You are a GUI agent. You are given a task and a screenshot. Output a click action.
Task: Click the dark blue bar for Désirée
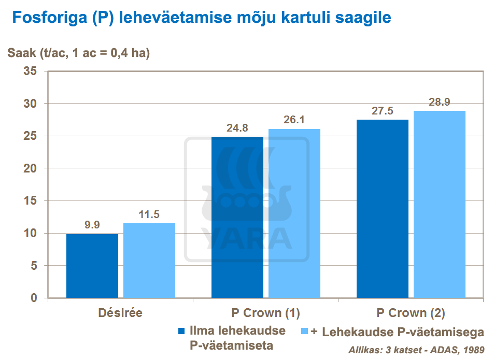pos(92,266)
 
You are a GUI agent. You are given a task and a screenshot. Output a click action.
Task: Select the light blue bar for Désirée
pos(149,261)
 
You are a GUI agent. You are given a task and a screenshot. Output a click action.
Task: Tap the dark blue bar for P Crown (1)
pos(237,218)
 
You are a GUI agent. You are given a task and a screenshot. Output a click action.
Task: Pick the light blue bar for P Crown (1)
pos(294,213)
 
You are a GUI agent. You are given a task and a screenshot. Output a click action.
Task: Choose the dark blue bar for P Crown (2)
pos(383,209)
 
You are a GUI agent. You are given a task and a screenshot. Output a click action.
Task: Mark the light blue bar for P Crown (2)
pos(440,205)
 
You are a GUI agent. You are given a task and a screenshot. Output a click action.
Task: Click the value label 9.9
pos(92,225)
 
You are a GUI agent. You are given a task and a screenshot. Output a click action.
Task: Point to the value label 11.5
pos(149,214)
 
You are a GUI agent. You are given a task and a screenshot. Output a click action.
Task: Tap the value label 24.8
pos(237,127)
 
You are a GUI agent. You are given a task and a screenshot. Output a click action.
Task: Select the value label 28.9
pos(440,102)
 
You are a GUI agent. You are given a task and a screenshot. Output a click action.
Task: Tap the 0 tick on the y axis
pos(34,298)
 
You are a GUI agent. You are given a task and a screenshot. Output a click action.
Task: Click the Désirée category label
pos(120,313)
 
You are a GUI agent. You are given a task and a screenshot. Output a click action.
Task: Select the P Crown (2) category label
pos(411,313)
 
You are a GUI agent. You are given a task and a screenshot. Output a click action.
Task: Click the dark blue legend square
pos(181,331)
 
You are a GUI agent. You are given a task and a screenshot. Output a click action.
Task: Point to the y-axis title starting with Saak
pos(78,53)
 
